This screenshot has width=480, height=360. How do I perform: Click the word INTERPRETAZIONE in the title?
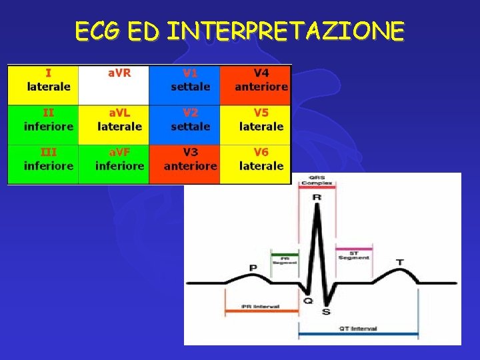point(286,31)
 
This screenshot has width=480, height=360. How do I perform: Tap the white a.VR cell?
point(114,85)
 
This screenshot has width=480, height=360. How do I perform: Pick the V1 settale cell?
point(185,85)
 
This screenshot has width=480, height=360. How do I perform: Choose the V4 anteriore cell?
point(256,85)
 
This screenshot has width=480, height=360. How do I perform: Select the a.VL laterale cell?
point(114,125)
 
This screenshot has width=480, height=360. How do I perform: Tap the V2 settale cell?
point(185,125)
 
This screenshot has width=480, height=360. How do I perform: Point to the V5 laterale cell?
point(256,125)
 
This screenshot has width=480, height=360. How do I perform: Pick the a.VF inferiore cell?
point(114,164)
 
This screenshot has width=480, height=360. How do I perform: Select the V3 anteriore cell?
point(185,164)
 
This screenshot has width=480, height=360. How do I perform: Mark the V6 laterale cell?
point(256,164)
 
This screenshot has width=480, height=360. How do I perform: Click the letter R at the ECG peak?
point(317,198)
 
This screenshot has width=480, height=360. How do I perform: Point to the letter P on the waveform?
point(253,267)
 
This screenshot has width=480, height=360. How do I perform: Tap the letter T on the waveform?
point(399,262)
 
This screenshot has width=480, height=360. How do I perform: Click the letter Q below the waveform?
point(308,301)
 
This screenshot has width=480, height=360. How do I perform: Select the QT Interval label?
point(359,328)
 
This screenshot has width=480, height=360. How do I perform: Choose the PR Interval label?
point(261,307)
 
